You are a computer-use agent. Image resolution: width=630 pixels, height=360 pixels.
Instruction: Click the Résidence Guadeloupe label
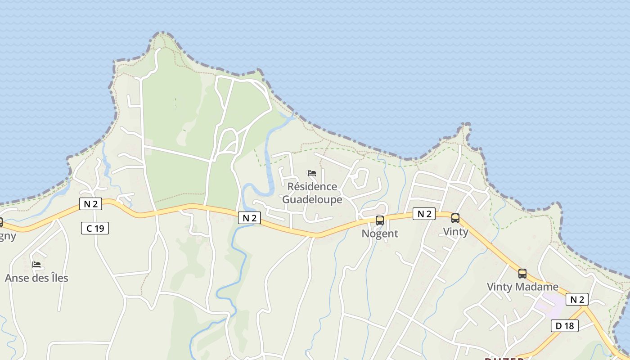pos(312,193)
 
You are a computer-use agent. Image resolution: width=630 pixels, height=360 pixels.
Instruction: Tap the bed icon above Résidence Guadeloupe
pos(312,173)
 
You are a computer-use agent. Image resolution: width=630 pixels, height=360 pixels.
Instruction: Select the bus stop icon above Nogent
pos(380,220)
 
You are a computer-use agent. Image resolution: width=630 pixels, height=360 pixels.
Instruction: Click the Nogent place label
pos(380,234)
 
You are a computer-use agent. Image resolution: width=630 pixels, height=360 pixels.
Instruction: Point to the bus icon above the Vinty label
pos(455,218)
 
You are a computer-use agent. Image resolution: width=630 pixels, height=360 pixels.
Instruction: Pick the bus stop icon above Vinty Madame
pos(522,273)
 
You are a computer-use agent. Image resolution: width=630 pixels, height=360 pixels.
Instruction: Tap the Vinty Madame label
pos(522,287)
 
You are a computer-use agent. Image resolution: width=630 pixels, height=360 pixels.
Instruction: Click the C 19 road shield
pos(95,228)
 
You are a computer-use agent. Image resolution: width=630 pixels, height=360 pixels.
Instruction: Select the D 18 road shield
pos(565,325)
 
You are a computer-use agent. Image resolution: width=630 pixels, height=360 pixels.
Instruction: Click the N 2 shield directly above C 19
pos(90,204)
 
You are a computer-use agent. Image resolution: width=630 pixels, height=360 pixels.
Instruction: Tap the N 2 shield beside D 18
pos(577,299)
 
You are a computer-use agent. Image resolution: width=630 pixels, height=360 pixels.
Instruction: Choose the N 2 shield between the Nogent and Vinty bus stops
pos(424,214)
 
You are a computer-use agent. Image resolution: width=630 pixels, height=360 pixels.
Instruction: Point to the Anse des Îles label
pos(36,278)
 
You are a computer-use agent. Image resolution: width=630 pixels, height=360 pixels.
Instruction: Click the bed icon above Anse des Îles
pos(36,264)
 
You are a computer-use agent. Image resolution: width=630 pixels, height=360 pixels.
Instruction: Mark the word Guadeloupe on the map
pos(312,199)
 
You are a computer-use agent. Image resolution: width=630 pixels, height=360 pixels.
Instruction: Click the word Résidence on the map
pos(312,186)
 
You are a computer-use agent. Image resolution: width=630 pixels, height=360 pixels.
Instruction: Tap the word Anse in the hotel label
pos(14,278)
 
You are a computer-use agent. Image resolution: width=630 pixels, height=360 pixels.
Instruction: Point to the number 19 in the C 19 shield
pos(99,228)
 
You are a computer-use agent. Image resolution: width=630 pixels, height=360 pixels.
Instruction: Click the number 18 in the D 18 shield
pos(569,325)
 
